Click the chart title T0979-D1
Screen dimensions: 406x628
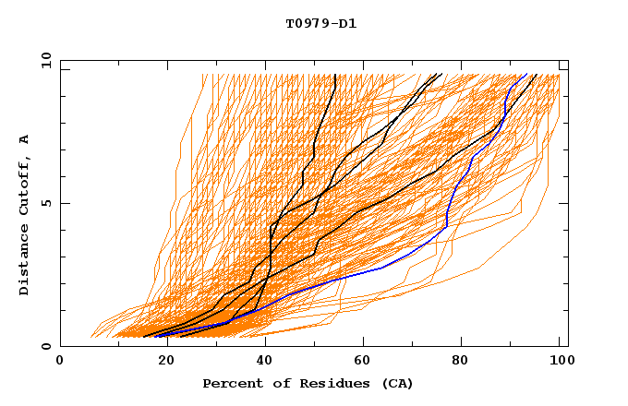tap(320, 24)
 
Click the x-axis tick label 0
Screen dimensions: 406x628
tap(60, 363)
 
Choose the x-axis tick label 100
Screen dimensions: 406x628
tap(559, 363)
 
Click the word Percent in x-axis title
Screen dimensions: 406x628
tap(230, 384)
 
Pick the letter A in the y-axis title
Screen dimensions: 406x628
tap(25, 138)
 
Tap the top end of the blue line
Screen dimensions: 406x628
tap(526, 75)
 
